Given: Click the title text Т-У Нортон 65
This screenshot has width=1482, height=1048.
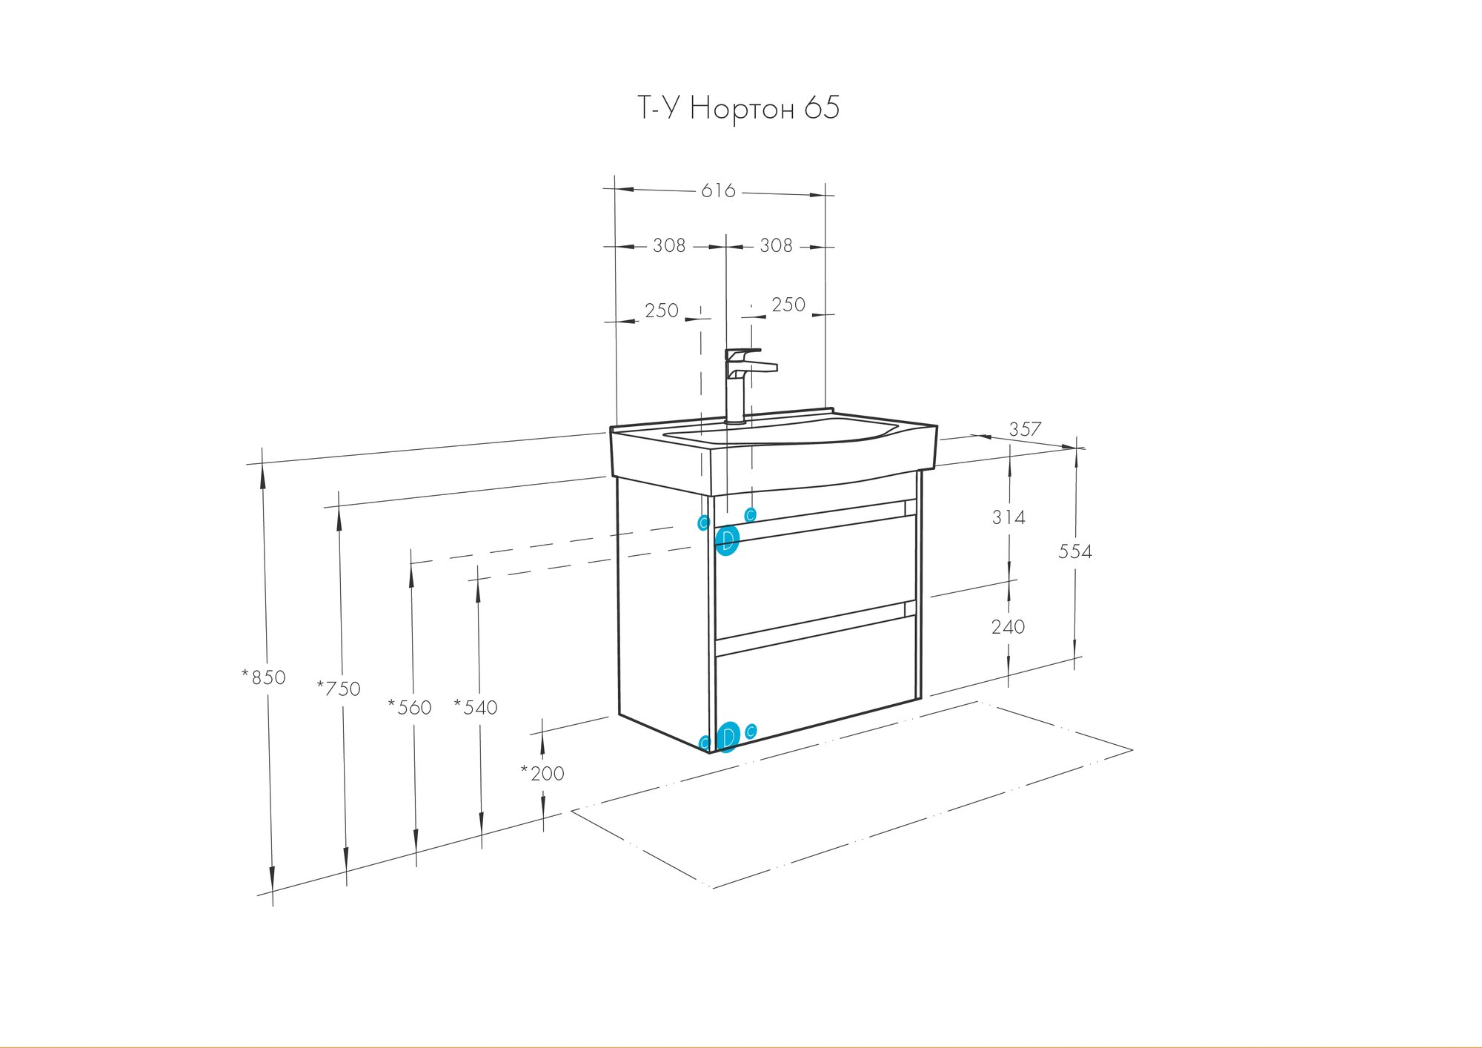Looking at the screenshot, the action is [739, 109].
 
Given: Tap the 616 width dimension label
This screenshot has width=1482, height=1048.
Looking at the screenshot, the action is [718, 191].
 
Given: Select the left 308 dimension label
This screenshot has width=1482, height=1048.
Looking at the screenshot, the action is [668, 245].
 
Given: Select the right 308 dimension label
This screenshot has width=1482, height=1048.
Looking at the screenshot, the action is [776, 245].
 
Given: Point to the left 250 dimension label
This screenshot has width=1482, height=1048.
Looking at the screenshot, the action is [661, 311].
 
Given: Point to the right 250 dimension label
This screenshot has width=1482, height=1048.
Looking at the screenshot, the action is [788, 305].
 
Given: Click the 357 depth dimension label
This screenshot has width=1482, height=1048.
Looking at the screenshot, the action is [1025, 429].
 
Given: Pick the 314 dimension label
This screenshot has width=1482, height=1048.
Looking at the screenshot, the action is [1009, 517].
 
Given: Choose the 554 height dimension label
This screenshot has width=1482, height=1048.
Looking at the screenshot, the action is [1074, 551].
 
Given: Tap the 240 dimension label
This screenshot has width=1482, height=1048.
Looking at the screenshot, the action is [1008, 627].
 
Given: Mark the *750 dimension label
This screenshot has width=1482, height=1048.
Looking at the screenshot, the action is [339, 689].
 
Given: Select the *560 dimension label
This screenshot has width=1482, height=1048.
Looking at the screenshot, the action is [410, 708].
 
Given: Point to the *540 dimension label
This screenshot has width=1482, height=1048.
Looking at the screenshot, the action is [476, 708].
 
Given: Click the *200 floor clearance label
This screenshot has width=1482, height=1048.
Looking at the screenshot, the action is [542, 774].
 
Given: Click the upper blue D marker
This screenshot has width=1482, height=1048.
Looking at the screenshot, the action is [728, 540].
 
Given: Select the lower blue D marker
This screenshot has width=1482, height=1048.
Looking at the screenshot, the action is [728, 737].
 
